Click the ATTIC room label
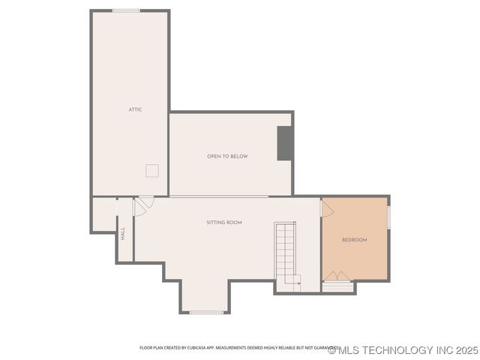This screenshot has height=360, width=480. click(x=135, y=109)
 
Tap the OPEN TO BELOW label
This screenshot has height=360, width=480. click(x=227, y=156)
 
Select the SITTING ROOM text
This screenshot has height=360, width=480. click(x=224, y=223)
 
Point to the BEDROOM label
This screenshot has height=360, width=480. click(x=354, y=240)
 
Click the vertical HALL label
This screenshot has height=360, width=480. click(x=123, y=233)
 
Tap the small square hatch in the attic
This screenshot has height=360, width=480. click(x=152, y=170)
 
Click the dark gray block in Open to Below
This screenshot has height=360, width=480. click(x=285, y=143)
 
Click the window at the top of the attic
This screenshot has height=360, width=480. click(x=126, y=10)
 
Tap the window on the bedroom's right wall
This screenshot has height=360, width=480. click(x=388, y=217)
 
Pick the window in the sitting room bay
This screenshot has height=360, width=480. click(x=205, y=312)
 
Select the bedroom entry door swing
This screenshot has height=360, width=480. click(x=327, y=208)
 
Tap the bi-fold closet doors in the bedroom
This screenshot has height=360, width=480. click(x=337, y=277)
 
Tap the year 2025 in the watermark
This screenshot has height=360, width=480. click(x=466, y=350)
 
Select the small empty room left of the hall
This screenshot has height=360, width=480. click(x=103, y=214)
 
